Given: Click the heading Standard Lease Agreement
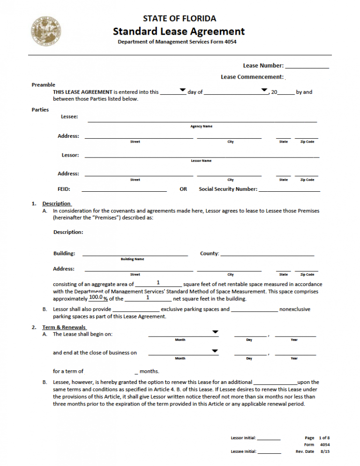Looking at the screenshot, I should pos(179,31).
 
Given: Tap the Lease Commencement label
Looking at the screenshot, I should pos(252,76).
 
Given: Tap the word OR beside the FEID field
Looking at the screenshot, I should pos(183,189).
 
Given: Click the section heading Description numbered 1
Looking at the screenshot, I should pos(56,203).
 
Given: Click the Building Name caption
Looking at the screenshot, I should pos(132,259).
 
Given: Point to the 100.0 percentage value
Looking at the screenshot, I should pos(96,297).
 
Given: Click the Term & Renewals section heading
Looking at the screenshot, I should pos(64,327).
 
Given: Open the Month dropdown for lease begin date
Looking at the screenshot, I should pos(215,332).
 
